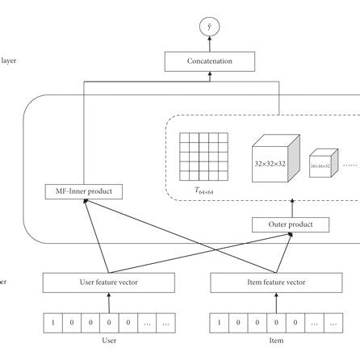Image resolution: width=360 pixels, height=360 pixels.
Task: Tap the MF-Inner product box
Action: [85, 191]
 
